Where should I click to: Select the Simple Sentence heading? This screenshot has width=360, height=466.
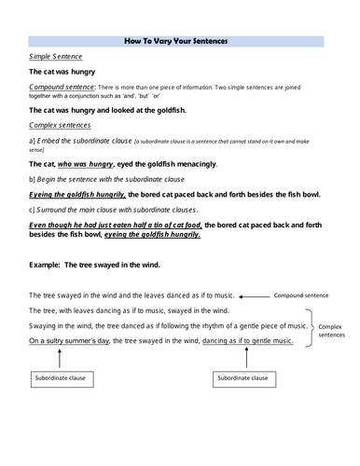click(55, 57)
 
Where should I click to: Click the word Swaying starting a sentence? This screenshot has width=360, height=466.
click(47, 325)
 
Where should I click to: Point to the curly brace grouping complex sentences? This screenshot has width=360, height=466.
click(311, 325)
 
